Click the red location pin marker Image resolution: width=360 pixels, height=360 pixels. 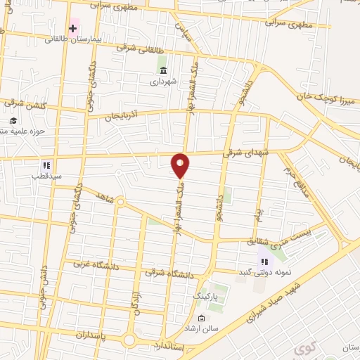pos(181,165)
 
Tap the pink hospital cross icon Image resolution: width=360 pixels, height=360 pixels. pos(73,28)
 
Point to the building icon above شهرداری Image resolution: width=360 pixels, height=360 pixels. pos(163,71)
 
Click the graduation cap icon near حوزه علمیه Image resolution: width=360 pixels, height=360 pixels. pos(13,121)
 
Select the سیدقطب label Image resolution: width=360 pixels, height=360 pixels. pos(46,176)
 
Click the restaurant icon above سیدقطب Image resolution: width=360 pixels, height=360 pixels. pos(46,165)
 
